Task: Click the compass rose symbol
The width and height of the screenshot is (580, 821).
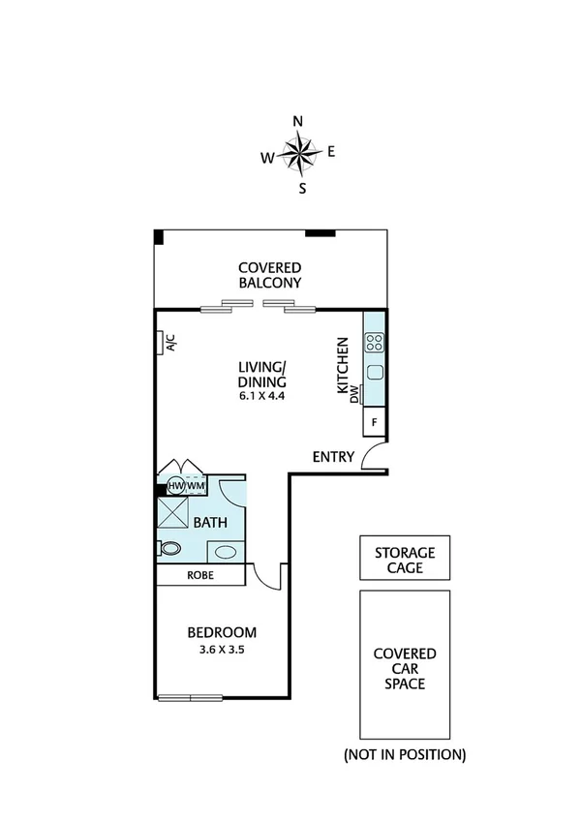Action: point(300,153)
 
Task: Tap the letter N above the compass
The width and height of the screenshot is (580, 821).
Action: point(298,121)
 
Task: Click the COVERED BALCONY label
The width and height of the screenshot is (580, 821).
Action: point(271,275)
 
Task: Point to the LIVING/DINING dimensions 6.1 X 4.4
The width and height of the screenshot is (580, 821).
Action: point(262,395)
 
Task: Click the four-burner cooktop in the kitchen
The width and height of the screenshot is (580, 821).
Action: point(375,341)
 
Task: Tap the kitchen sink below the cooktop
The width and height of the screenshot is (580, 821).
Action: point(375,373)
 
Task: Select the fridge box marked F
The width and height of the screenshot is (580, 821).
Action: point(375,422)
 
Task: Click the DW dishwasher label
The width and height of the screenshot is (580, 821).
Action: point(354,393)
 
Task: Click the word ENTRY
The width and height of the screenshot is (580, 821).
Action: point(333,457)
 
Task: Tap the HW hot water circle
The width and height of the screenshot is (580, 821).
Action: point(175,485)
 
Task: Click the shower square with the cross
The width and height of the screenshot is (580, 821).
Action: point(174,510)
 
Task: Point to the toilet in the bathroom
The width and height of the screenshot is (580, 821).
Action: point(169,548)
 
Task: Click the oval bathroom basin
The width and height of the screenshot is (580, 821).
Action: point(226,553)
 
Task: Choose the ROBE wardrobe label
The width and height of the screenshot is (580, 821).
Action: point(200,575)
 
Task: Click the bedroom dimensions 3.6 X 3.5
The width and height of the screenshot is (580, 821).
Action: point(222,650)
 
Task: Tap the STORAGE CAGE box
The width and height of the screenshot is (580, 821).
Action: point(405,560)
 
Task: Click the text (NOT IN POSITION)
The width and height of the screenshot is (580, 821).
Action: point(405,753)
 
